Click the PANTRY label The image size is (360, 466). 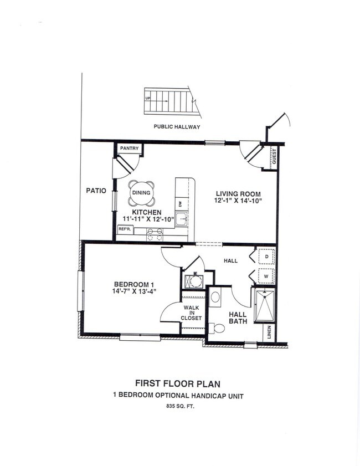click(x=129, y=148)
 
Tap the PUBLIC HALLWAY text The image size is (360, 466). click(x=177, y=127)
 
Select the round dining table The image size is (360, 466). click(x=141, y=193)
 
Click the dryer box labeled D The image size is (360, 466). click(x=266, y=257)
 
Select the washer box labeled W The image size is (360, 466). click(x=266, y=275)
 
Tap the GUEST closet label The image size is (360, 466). click(x=274, y=157)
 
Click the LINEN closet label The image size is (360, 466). click(x=269, y=332)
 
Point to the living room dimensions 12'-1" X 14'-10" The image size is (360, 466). click(x=238, y=201)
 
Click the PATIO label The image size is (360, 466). click(x=96, y=191)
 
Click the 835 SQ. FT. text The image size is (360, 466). click(x=180, y=406)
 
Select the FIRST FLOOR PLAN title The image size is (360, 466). click(x=180, y=383)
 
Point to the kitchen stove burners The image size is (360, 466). click(x=155, y=234)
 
